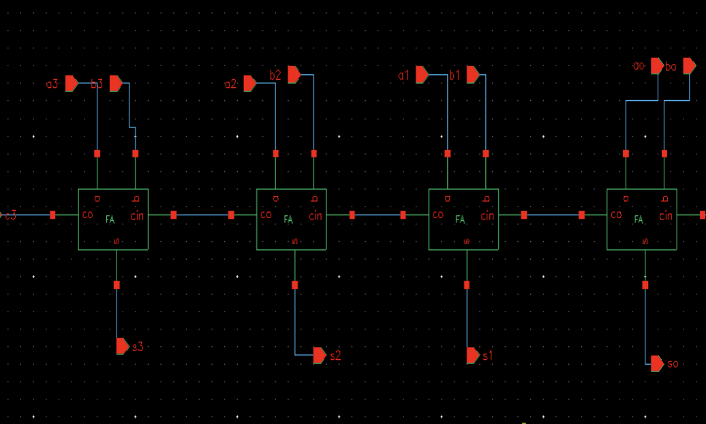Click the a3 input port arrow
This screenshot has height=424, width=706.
72,84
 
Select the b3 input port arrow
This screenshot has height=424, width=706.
116,84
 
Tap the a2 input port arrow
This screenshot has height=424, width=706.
249,84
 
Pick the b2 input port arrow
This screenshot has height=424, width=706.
294,74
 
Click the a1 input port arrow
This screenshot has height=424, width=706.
422,74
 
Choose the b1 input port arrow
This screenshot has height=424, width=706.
472,74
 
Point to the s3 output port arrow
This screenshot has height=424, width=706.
123,346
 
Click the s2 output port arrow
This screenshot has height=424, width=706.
320,355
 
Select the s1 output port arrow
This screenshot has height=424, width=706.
473,355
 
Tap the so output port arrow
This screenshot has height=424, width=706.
657,364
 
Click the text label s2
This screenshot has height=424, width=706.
335,356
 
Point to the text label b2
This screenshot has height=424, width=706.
275,76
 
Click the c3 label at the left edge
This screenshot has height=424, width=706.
10,216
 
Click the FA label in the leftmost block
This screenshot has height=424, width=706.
110,219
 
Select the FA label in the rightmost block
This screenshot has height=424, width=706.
639,219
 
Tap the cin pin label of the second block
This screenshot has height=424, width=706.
316,216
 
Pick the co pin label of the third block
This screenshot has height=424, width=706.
438,215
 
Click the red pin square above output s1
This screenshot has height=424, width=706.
467,285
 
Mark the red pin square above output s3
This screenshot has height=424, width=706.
117,285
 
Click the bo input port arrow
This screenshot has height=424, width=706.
689,66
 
